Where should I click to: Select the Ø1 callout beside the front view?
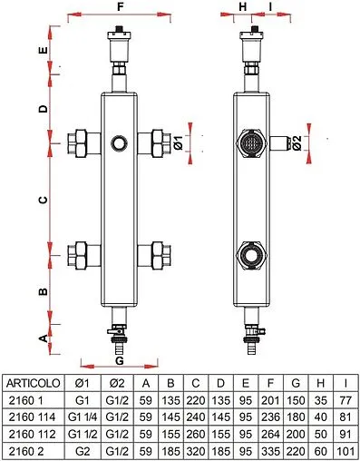click(179, 142)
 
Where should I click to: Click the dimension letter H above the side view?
click(242, 6)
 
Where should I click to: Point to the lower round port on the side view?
click(250, 254)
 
